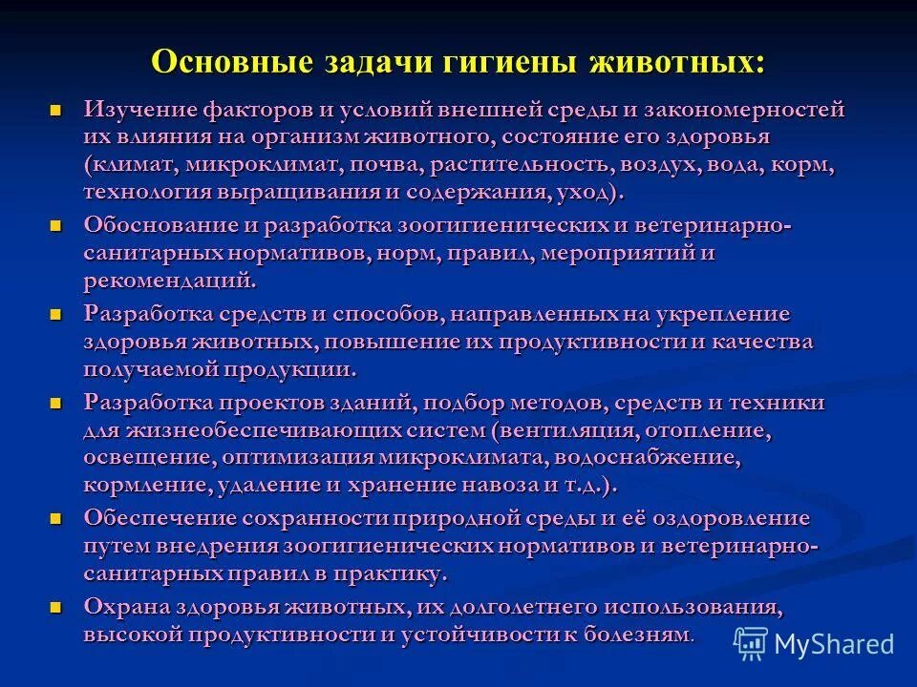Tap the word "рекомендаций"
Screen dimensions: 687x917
(x=169, y=282)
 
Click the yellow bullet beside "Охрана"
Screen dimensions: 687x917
(x=56, y=606)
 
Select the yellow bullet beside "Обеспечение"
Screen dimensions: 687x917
(x=56, y=518)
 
